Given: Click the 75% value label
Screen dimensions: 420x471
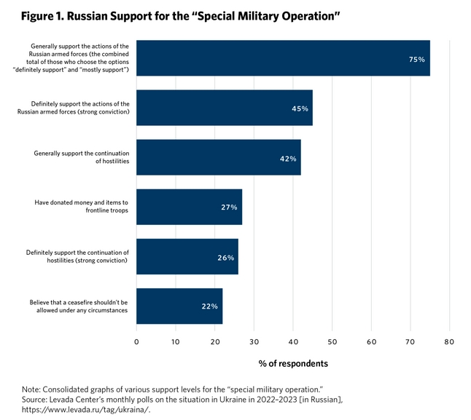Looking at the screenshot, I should click(x=417, y=59).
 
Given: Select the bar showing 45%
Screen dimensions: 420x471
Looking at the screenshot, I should click(x=225, y=108).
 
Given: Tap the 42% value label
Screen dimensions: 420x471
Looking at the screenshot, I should click(x=288, y=158).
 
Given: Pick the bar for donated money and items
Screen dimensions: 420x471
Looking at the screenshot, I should click(x=189, y=207).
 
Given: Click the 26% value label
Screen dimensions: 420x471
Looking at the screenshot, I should click(x=225, y=257).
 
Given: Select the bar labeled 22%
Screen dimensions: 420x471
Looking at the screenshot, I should click(x=179, y=306).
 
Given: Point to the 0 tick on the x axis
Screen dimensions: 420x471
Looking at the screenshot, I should click(x=137, y=341).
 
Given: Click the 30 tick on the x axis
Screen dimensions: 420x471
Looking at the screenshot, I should click(x=254, y=341).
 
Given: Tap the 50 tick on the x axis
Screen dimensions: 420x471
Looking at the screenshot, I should click(x=332, y=341).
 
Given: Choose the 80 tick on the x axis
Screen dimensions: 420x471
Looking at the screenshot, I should click(x=449, y=341).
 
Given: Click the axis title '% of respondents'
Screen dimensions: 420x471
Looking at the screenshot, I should click(x=293, y=363).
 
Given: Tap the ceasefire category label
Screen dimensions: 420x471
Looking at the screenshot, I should click(x=79, y=306).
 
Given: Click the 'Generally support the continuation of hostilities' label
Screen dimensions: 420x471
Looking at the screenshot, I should click(x=82, y=158).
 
